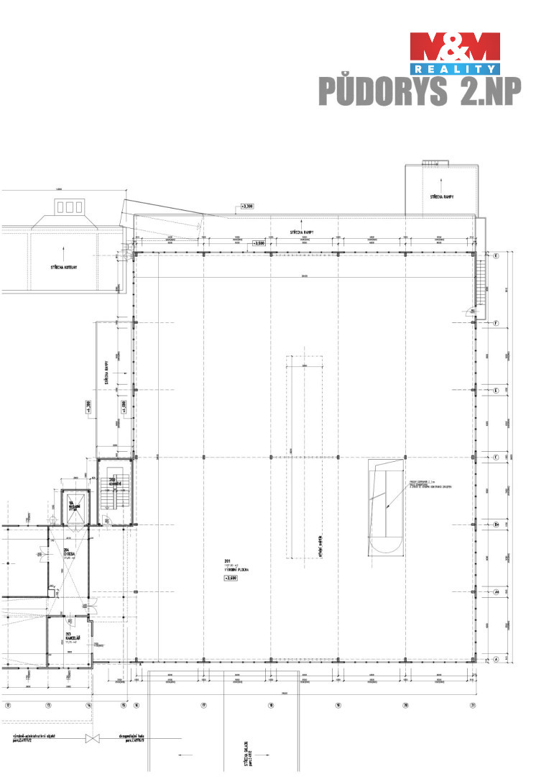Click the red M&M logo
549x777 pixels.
click(454, 47)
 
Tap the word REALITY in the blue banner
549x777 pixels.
click(455, 68)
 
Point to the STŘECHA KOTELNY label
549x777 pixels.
click(64, 266)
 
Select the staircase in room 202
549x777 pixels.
click(115, 494)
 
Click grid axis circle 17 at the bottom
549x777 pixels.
click(204, 704)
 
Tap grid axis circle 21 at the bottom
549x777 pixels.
click(473, 704)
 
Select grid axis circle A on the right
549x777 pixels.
click(496, 658)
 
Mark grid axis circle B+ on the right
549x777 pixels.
click(496, 524)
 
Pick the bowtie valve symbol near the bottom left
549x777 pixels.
click(91, 739)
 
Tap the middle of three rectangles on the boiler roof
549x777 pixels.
click(70, 207)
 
